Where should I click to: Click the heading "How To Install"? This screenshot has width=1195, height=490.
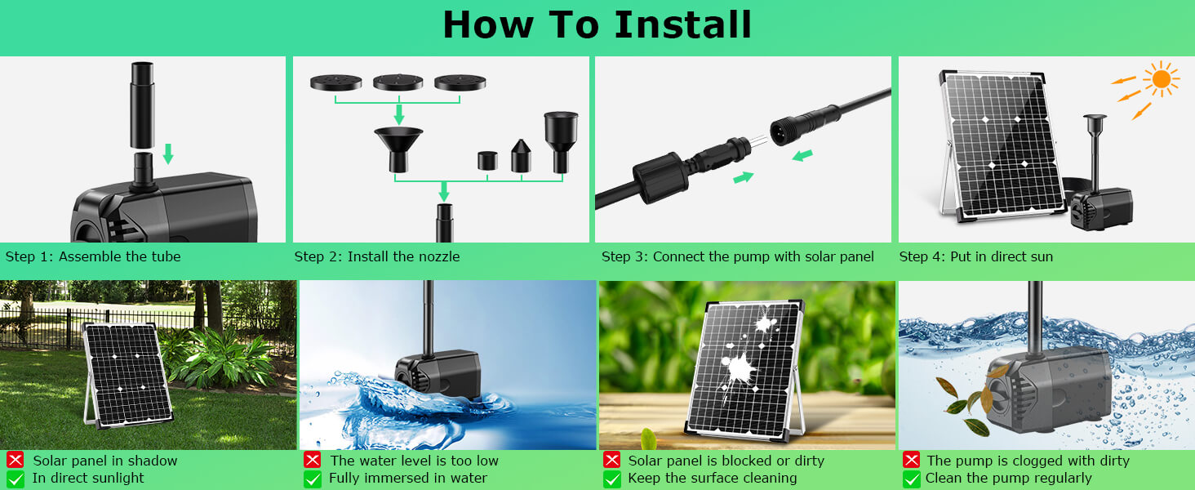click(x=597, y=24)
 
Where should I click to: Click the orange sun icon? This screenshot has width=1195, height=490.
click(x=1160, y=79)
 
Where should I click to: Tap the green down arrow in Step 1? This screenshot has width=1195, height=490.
click(x=168, y=153)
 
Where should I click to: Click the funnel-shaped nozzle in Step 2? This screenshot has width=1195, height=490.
click(x=398, y=148)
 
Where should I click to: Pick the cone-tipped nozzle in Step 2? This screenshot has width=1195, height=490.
click(x=521, y=155)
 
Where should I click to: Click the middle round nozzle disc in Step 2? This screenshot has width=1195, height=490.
click(x=398, y=82)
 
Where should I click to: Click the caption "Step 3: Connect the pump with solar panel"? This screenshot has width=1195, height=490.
click(x=737, y=256)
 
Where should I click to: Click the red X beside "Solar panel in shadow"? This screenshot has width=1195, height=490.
click(x=15, y=461)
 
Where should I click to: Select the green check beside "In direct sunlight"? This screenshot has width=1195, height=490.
click(x=15, y=479)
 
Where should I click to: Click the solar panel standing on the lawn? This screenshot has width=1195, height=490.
click(x=127, y=373)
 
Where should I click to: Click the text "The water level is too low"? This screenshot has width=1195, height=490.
click(x=414, y=461)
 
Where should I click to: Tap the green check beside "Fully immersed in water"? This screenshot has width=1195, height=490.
click(x=312, y=479)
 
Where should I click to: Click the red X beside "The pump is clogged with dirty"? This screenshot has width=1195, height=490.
click(x=911, y=461)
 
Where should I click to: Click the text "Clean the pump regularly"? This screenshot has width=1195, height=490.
click(x=1008, y=479)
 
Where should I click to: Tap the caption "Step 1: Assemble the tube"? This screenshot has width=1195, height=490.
click(x=93, y=256)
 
